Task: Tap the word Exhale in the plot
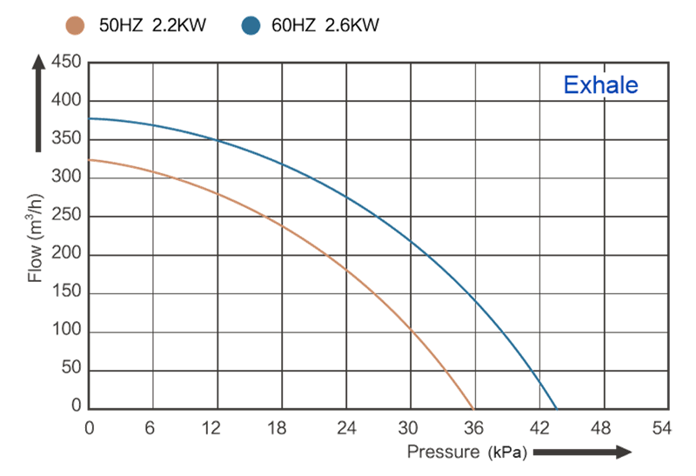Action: (x=601, y=85)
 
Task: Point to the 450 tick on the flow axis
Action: (x=67, y=62)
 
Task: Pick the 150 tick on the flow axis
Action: (x=67, y=292)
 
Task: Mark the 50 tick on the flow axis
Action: (x=71, y=369)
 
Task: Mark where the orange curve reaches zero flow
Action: (x=472, y=408)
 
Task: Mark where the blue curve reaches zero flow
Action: (x=556, y=408)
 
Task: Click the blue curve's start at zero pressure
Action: (x=90, y=118)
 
